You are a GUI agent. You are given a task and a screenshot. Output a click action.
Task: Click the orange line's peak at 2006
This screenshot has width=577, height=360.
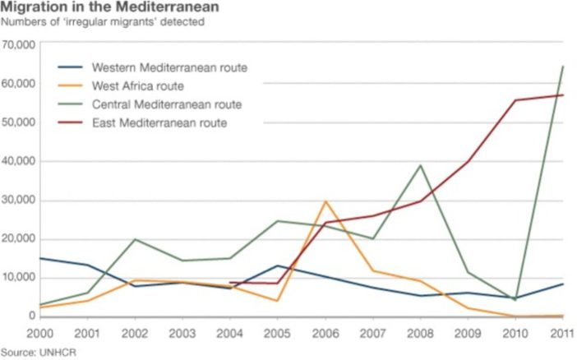pyautogui.click(x=326, y=201)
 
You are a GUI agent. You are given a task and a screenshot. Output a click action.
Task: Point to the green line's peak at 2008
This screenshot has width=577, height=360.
pyautogui.click(x=421, y=165)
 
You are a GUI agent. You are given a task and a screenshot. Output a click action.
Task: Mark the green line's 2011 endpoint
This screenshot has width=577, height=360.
pyautogui.click(x=562, y=67)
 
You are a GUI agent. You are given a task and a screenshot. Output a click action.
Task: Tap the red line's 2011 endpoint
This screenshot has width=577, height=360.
pyautogui.click(x=562, y=95)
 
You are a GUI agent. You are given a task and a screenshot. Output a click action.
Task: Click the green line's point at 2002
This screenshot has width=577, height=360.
pyautogui.click(x=135, y=239)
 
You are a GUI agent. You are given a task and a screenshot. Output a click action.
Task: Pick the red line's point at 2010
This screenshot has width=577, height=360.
pyautogui.click(x=515, y=100)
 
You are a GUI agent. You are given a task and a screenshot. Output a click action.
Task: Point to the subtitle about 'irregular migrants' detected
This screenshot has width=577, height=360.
pyautogui.click(x=102, y=22)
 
